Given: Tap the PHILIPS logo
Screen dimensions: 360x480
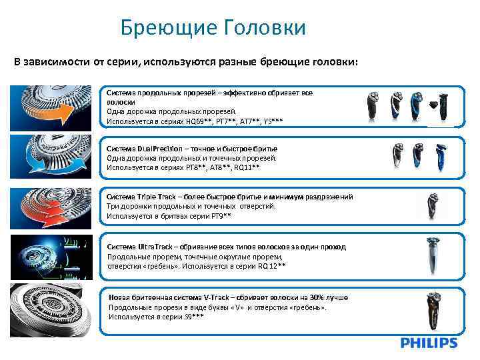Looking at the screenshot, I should coord(429,343).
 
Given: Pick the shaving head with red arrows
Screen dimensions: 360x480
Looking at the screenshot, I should coord(51,206).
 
